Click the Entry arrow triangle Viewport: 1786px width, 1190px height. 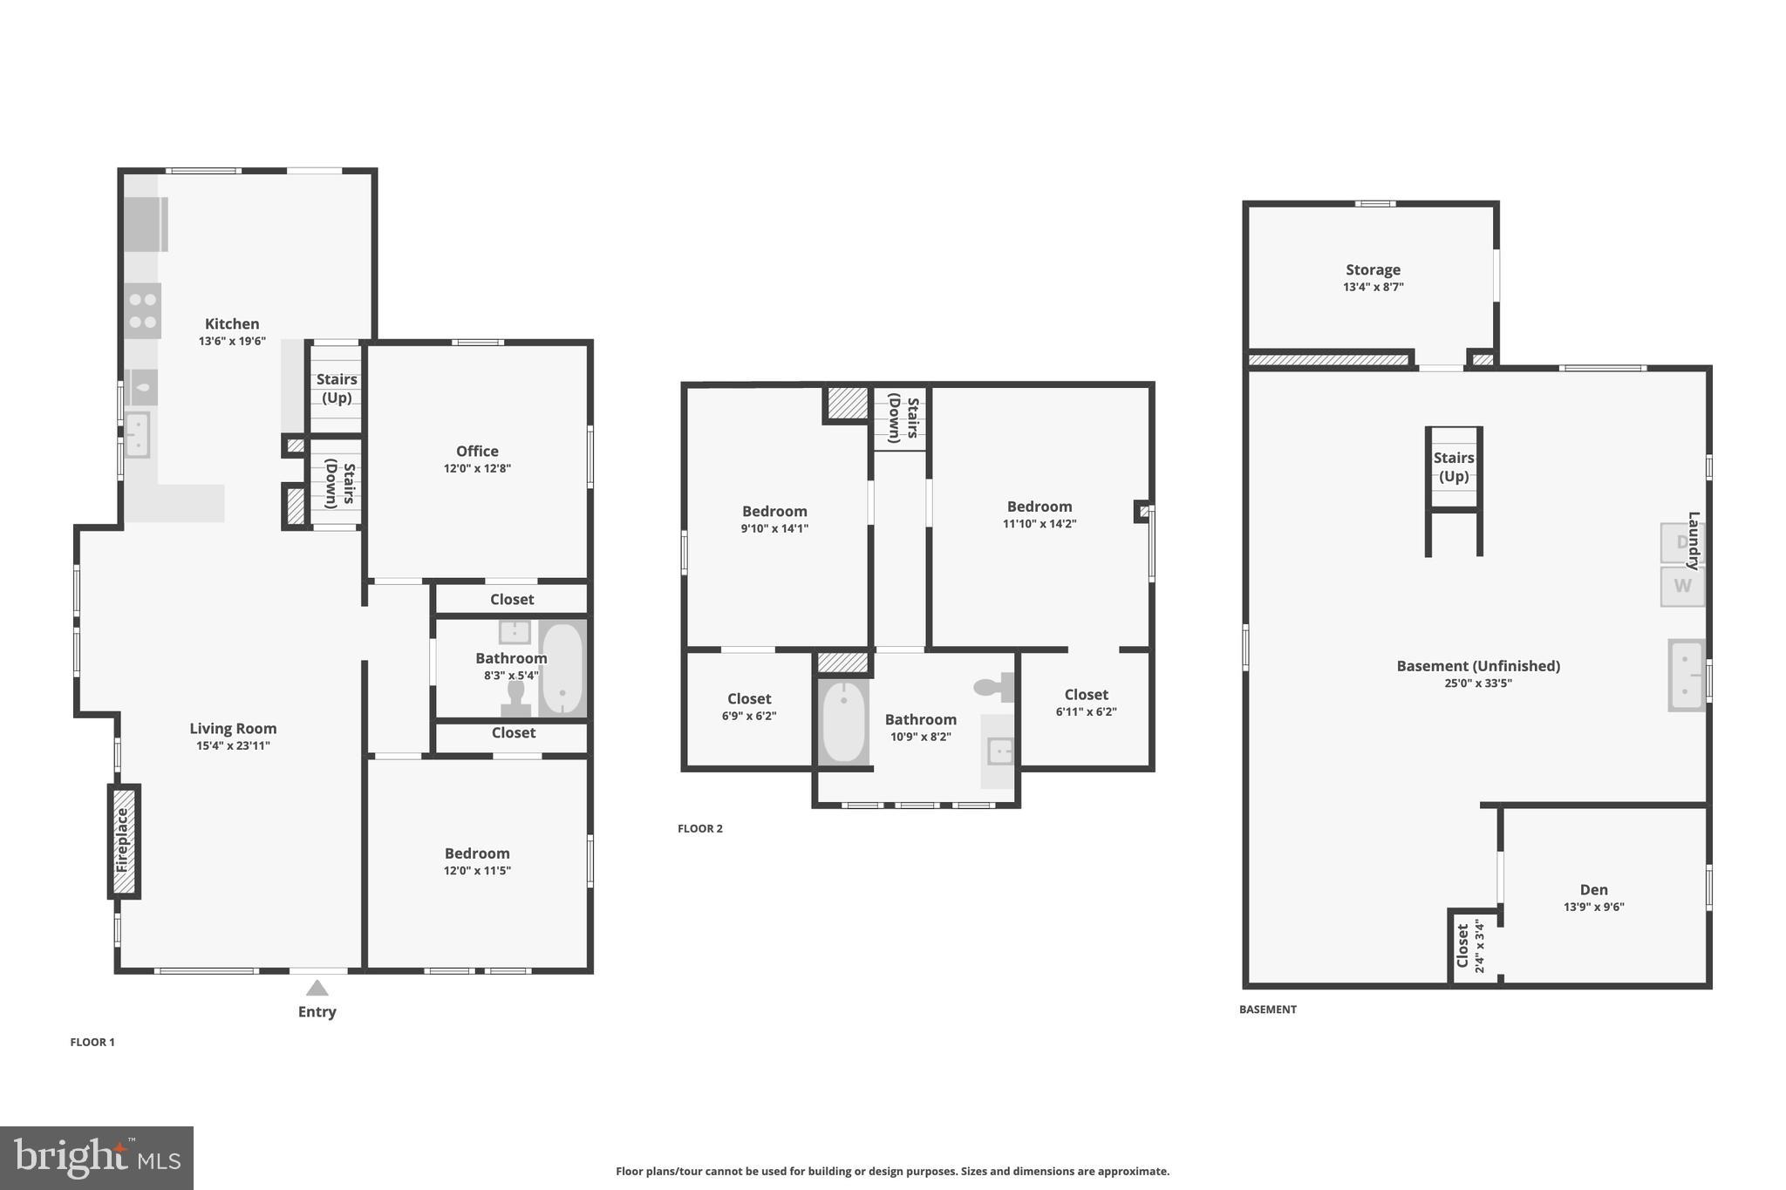tap(317, 988)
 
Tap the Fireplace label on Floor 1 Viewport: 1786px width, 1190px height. tap(122, 840)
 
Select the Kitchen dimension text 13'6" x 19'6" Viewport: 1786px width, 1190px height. tap(232, 342)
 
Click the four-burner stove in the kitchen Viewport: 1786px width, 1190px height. tap(142, 310)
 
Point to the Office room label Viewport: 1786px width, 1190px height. tap(477, 451)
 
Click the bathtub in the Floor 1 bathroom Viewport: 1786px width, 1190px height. tap(562, 669)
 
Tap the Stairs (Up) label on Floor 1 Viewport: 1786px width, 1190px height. tap(337, 388)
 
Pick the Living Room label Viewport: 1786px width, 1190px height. tap(233, 728)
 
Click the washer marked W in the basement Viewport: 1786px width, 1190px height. tap(1681, 586)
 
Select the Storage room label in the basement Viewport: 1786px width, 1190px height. tap(1373, 270)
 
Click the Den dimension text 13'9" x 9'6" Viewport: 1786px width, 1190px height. tap(1593, 907)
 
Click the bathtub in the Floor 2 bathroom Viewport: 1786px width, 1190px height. tap(843, 722)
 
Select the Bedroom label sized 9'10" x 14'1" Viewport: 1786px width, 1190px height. tap(774, 512)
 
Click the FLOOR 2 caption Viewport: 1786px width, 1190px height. tap(699, 828)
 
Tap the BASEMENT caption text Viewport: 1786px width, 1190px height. tap(1267, 1010)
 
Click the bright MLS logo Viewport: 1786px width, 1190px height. tap(96, 1158)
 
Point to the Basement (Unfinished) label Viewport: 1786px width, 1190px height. tap(1477, 666)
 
